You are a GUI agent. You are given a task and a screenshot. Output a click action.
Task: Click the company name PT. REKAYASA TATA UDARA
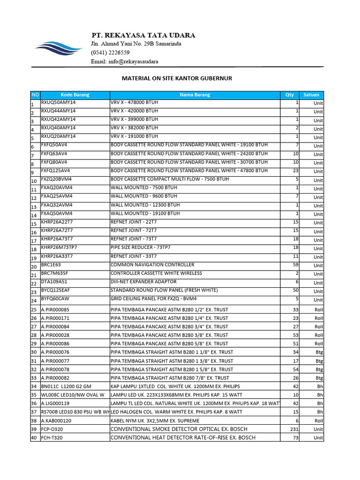click(143, 36)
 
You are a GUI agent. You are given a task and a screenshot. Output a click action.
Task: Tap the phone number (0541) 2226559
click(110, 52)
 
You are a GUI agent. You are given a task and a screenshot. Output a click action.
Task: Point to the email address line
click(124, 61)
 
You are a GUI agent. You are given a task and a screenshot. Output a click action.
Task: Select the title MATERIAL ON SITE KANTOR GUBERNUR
click(177, 78)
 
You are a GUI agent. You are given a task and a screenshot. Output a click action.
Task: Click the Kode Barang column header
click(75, 95)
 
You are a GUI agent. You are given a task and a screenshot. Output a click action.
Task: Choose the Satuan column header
click(312, 95)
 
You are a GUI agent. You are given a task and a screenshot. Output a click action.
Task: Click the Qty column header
click(290, 95)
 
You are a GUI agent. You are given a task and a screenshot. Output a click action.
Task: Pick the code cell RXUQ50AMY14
click(59, 102)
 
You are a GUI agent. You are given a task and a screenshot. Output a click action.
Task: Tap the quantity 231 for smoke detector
click(294, 429)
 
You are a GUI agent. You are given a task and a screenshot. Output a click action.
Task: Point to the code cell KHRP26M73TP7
click(59, 247)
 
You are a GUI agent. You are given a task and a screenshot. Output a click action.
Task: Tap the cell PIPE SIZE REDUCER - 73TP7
click(141, 247)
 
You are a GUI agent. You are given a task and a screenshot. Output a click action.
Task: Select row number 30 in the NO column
click(34, 352)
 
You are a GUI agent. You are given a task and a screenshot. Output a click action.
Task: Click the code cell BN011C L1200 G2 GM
click(66, 387)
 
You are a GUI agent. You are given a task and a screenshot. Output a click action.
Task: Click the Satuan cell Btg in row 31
click(319, 361)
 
